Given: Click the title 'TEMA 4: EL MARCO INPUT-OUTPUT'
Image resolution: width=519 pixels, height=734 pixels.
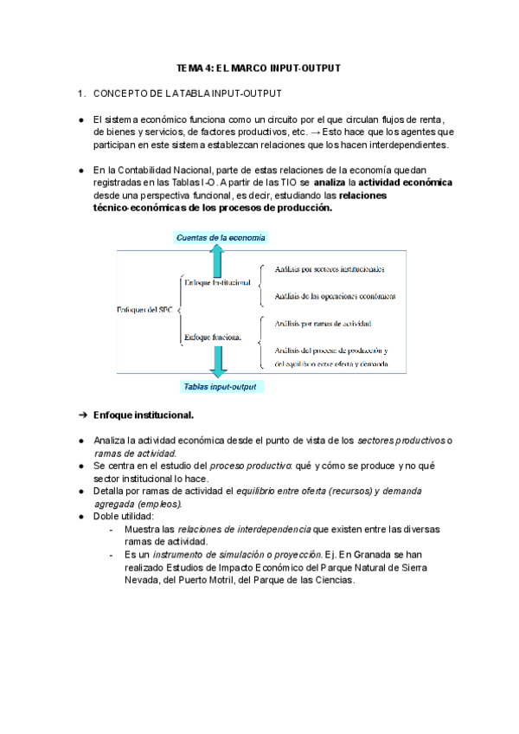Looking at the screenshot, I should (258, 68).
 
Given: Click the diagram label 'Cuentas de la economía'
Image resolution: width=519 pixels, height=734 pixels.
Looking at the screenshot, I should (221, 236).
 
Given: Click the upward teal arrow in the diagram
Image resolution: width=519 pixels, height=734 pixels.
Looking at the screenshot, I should (217, 259).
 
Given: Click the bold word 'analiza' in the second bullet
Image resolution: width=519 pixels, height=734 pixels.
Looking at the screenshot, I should (334, 183).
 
